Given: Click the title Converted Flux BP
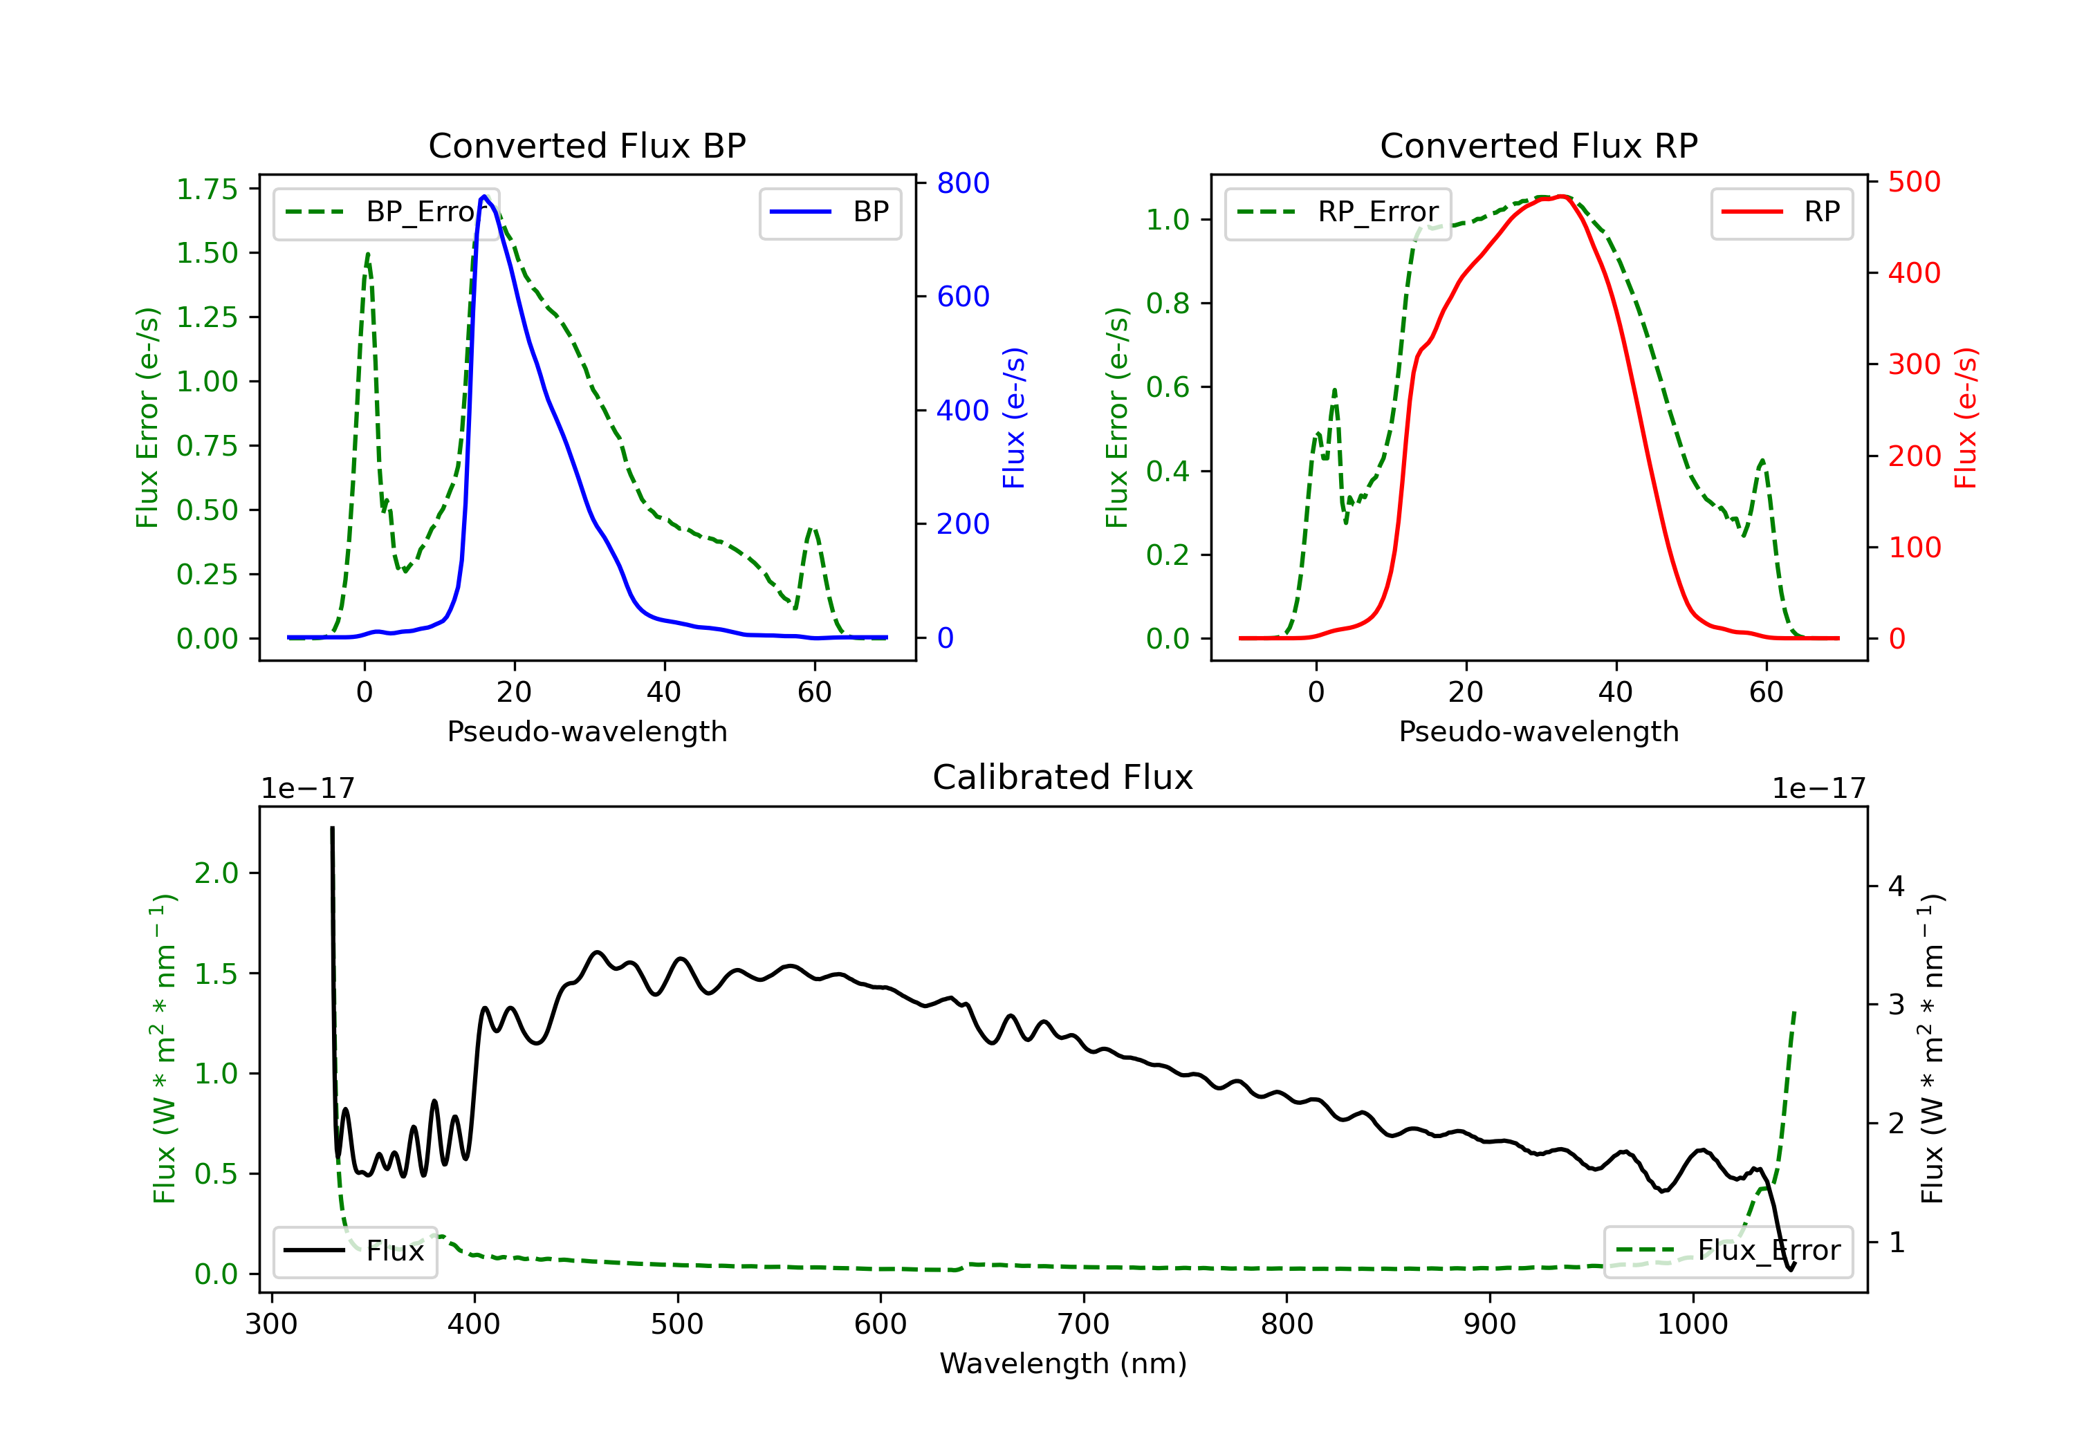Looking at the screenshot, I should tap(587, 145).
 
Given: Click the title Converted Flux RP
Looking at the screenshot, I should tap(1538, 145).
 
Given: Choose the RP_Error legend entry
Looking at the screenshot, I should tap(1338, 212).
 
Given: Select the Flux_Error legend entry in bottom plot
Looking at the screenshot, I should tap(1728, 1251).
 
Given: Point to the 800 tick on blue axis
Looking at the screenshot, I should tap(963, 183).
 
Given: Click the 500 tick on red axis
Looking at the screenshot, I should tap(1913, 183).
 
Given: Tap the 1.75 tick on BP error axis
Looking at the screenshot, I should tap(207, 189).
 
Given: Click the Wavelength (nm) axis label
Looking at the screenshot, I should tap(1063, 1363).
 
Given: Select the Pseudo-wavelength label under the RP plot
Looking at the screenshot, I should tap(1538, 731).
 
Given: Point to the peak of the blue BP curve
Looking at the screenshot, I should tap(484, 196).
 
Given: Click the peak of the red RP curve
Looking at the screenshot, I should tap(1561, 196).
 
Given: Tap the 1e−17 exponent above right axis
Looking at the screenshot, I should tap(1818, 789).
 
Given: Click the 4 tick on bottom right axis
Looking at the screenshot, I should tap(1896, 886).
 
